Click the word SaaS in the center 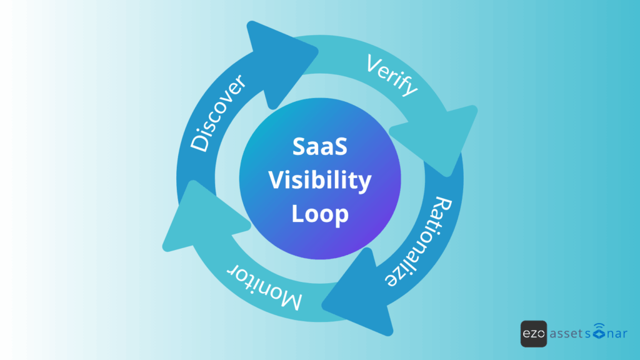pyautogui.click(x=319, y=149)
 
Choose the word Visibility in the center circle pyautogui.click(x=319, y=181)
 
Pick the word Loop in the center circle pyautogui.click(x=319, y=214)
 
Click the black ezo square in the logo pyautogui.click(x=533, y=333)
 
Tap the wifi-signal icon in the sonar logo pyautogui.click(x=600, y=331)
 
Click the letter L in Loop pyautogui.click(x=297, y=214)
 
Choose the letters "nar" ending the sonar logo pyautogui.click(x=617, y=334)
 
